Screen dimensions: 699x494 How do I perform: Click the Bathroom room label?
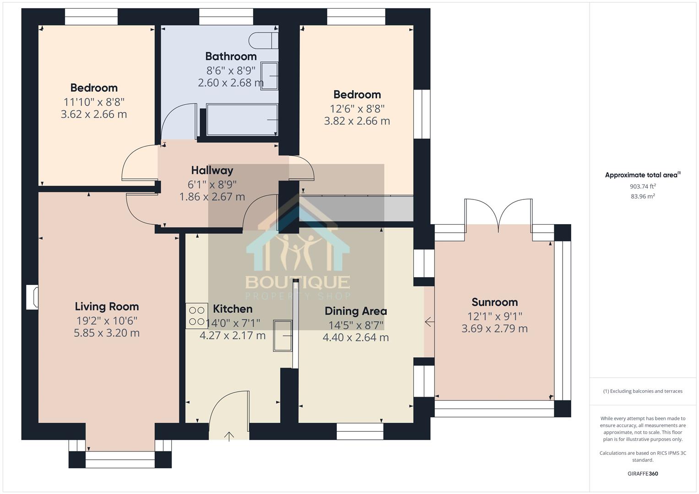pyautogui.click(x=231, y=56)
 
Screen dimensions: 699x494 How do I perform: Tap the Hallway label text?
pyautogui.click(x=212, y=170)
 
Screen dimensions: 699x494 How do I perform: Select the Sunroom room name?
pyautogui.click(x=494, y=302)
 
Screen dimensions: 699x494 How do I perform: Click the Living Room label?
pyautogui.click(x=107, y=306)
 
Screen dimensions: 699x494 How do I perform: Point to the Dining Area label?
pyautogui.click(x=356, y=311)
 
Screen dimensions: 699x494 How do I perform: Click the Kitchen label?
pyautogui.click(x=233, y=309)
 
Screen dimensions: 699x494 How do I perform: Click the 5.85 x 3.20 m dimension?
pyautogui.click(x=107, y=333)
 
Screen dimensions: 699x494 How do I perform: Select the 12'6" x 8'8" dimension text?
pyautogui.click(x=358, y=109)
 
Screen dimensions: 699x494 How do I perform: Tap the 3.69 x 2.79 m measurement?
pyautogui.click(x=494, y=329)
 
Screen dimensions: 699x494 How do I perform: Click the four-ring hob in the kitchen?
pyautogui.click(x=196, y=316)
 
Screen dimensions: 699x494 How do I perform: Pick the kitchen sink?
pyautogui.click(x=283, y=336)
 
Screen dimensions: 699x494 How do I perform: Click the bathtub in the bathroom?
pyautogui.click(x=242, y=120)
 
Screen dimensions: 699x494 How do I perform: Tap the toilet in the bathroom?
pyautogui.click(x=263, y=40)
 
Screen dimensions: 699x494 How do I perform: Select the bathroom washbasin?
pyautogui.click(x=269, y=76)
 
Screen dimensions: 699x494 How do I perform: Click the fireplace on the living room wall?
pyautogui.click(x=32, y=297)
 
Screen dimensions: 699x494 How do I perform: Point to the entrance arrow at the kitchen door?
pyautogui.click(x=229, y=436)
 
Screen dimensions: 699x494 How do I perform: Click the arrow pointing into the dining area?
pyautogui.click(x=429, y=322)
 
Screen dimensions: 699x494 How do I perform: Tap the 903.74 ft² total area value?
pyautogui.click(x=643, y=186)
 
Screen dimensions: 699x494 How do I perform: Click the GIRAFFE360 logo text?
pyautogui.click(x=643, y=473)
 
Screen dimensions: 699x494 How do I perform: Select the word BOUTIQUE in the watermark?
pyautogui.click(x=298, y=282)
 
